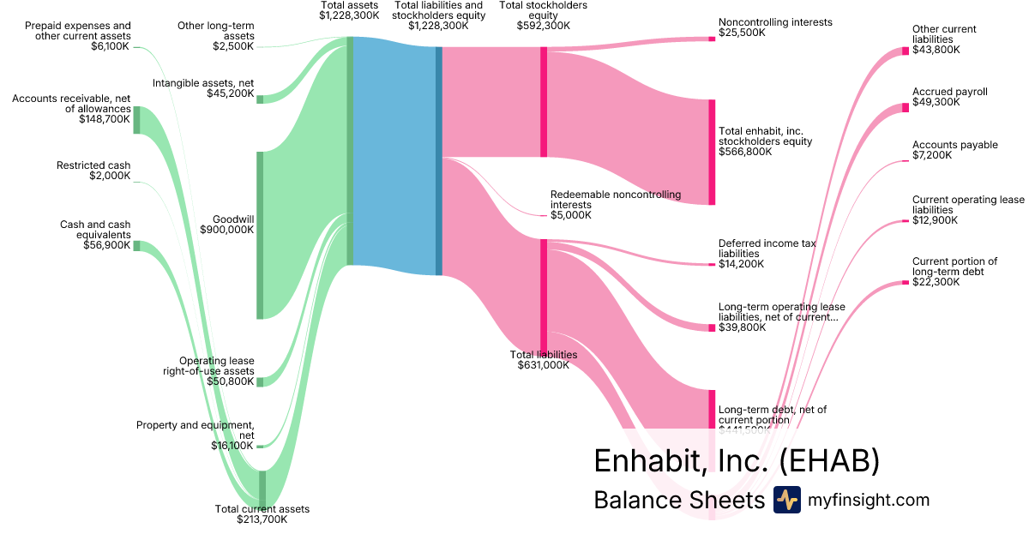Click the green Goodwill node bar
click(260, 235)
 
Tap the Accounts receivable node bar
click(136, 120)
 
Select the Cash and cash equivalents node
click(136, 246)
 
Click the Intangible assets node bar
click(260, 99)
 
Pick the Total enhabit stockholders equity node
click(712, 153)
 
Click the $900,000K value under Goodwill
click(226, 230)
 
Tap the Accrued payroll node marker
click(906, 107)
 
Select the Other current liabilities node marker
click(906, 51)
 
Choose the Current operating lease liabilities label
click(968, 210)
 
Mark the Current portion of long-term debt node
click(906, 282)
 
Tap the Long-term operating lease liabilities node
click(712, 327)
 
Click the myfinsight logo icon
click(786, 500)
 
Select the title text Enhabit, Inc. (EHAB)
click(737, 461)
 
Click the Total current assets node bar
click(262, 489)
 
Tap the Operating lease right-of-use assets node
click(260, 381)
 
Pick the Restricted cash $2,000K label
click(93, 171)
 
